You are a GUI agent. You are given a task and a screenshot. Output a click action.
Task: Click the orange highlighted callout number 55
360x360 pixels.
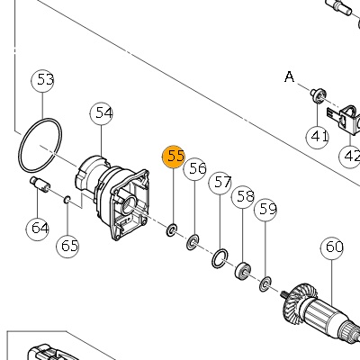point(173,157)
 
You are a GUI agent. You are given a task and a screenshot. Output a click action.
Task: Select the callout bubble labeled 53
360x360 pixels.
point(43,81)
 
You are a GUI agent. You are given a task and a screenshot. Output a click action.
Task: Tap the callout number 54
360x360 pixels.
point(102,113)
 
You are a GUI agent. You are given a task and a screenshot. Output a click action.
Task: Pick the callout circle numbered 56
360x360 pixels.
point(195,169)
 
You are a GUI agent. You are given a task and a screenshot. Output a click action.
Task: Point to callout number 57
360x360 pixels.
point(220,183)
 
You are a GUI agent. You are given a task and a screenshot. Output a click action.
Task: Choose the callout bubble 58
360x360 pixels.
point(243,197)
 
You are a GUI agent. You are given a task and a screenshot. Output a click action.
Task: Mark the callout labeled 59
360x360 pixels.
point(265,210)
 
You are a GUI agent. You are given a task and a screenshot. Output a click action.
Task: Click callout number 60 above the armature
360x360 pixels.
point(332,248)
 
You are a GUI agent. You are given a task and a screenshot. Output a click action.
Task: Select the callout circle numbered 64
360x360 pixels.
point(37,229)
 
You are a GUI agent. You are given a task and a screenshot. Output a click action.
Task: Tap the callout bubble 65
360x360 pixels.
point(67,247)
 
